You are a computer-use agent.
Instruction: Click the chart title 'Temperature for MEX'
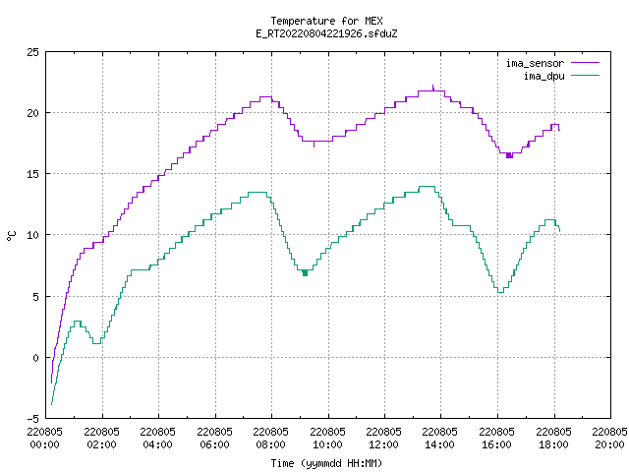(x=326, y=21)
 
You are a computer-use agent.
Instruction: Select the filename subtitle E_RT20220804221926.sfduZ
(x=326, y=33)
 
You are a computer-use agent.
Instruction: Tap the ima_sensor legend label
(x=535, y=63)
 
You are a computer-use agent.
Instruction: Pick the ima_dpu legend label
(x=543, y=76)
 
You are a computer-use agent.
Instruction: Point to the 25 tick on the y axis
(x=32, y=52)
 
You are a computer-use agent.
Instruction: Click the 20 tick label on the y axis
(x=32, y=113)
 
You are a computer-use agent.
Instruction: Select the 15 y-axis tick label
(x=32, y=174)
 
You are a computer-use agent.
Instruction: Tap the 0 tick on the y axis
(x=35, y=358)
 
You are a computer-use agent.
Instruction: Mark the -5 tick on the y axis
(x=32, y=419)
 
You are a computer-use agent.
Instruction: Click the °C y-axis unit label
(x=11, y=236)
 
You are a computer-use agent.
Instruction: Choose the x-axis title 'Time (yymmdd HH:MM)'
(x=326, y=463)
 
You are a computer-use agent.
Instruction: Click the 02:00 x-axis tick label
(x=101, y=439)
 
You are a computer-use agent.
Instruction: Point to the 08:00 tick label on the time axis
(x=271, y=439)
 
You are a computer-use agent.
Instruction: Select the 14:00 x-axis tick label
(x=440, y=439)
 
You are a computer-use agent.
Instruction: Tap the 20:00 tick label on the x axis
(x=609, y=439)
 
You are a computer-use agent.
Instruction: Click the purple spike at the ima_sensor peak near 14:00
(x=432, y=88)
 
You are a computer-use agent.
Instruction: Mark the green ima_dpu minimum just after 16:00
(x=500, y=292)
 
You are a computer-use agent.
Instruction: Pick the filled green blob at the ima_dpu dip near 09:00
(x=305, y=273)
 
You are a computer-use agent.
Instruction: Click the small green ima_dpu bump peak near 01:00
(x=78, y=322)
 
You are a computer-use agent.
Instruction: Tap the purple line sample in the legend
(x=585, y=63)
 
